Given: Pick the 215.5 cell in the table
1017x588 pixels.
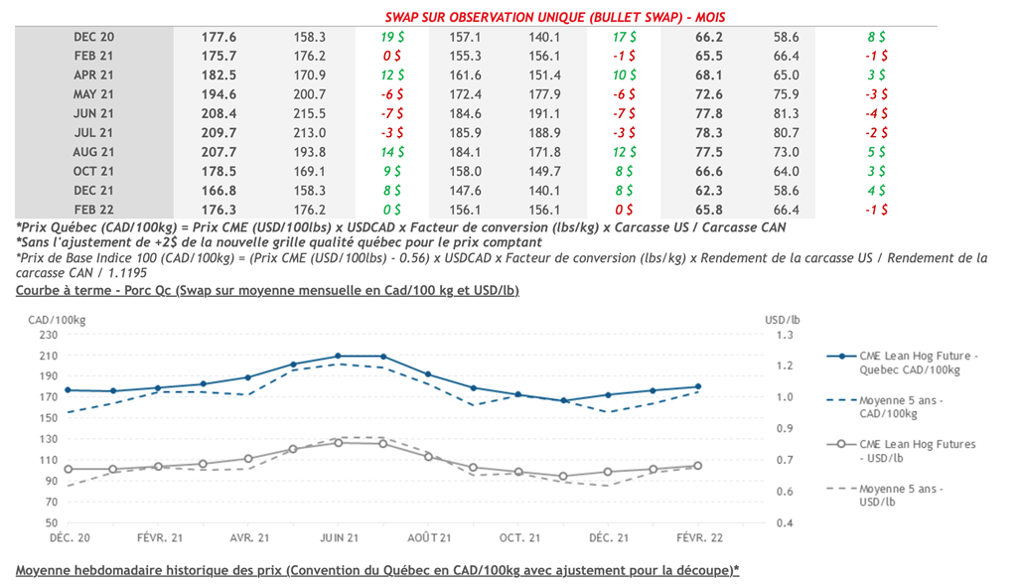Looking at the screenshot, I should (310, 114).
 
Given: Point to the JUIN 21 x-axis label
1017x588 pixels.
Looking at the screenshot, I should (338, 537).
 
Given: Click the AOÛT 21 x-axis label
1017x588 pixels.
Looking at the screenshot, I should (428, 537).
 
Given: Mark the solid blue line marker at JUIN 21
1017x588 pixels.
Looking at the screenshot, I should (338, 356).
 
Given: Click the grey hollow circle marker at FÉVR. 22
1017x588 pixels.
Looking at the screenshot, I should (697, 466).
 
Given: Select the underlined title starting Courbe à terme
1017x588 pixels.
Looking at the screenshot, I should (267, 290).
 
